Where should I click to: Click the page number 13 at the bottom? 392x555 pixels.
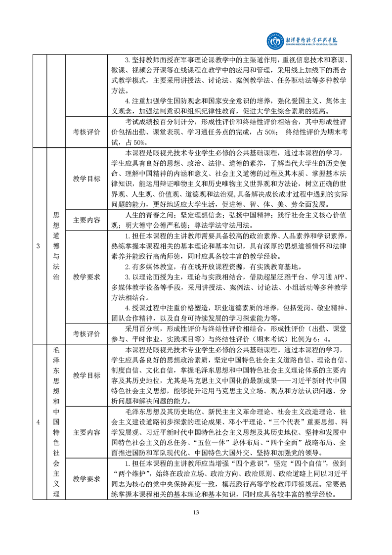pyautogui.click(x=196, y=512)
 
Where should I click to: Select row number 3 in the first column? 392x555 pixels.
pyautogui.click(x=38, y=247)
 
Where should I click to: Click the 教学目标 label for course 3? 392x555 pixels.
pyautogui.click(x=87, y=179)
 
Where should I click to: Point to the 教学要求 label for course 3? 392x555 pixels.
pyautogui.click(x=87, y=277)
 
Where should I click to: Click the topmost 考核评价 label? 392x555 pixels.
pyautogui.click(x=87, y=133)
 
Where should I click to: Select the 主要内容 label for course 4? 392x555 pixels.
pyautogui.click(x=87, y=432)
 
